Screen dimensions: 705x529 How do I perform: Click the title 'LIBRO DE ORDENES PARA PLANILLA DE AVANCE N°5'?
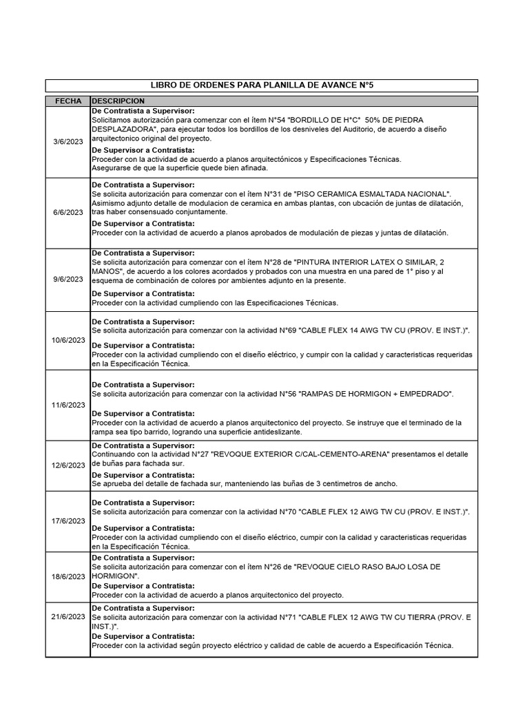click(x=262, y=85)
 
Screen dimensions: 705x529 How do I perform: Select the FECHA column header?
click(x=68, y=101)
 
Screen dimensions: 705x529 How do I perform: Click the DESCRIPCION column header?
click(x=118, y=101)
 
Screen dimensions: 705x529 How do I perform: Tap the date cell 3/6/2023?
click(x=68, y=142)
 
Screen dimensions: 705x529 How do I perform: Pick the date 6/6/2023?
click(x=68, y=212)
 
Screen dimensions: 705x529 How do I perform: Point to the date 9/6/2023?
click(x=68, y=280)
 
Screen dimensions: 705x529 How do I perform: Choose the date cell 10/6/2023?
click(x=68, y=340)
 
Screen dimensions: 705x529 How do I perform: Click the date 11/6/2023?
click(x=68, y=404)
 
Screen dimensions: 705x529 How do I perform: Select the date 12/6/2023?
click(x=68, y=465)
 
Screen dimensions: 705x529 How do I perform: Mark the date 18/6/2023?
click(x=68, y=576)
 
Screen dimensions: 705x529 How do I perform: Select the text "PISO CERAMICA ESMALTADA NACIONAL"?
click(x=372, y=193)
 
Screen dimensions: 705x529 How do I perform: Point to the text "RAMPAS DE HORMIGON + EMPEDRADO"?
click(x=383, y=394)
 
